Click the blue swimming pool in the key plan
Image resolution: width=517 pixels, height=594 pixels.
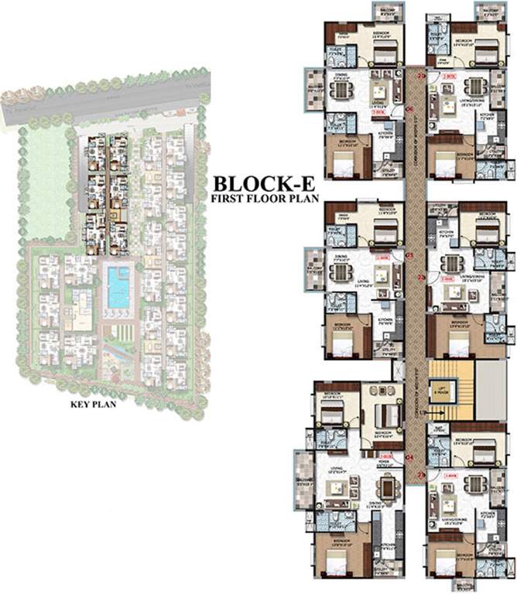118,285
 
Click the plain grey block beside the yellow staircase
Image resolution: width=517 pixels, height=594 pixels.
488,390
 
